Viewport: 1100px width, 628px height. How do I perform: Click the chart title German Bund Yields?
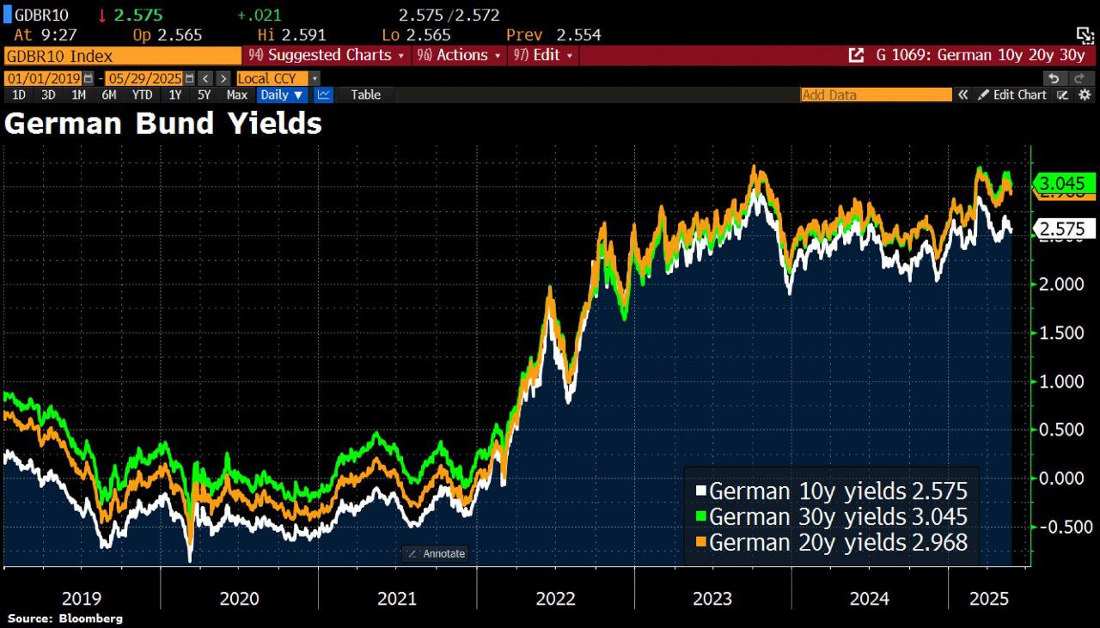(x=163, y=124)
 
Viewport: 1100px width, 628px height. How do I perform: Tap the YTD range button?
(x=143, y=95)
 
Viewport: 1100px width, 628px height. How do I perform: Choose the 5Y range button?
(x=204, y=95)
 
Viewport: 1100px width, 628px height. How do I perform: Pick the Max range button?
(x=237, y=95)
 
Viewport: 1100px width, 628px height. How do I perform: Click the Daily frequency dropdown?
(x=282, y=95)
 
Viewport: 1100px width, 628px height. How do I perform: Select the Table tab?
(x=365, y=95)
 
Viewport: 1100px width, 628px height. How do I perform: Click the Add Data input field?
(x=875, y=95)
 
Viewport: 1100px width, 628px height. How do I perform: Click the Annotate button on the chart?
(x=436, y=554)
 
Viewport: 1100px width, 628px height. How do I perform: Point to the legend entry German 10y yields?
(x=831, y=491)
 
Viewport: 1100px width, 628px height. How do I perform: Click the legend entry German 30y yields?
(x=831, y=517)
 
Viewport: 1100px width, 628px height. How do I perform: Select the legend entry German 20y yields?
(x=831, y=543)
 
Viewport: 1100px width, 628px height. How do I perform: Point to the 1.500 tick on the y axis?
(x=1062, y=332)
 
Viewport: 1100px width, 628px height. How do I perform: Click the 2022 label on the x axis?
(x=556, y=599)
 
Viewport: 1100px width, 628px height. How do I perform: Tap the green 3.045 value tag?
(x=1066, y=183)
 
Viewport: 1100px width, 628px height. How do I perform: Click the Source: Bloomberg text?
(x=65, y=619)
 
